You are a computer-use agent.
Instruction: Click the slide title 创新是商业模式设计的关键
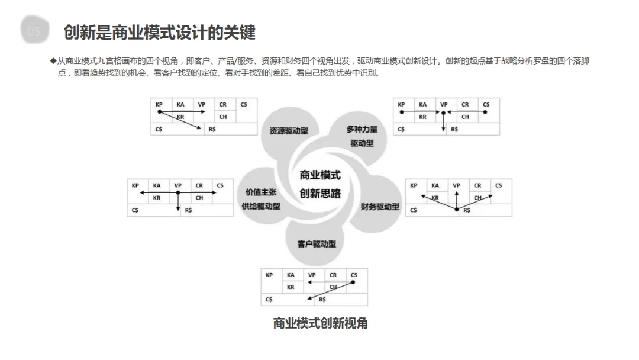(160, 32)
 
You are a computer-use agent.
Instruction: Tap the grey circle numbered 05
(34, 31)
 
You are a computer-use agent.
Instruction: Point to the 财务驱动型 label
(380, 207)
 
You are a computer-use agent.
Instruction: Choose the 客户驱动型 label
(317, 244)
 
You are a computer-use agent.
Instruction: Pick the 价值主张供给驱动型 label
(261, 199)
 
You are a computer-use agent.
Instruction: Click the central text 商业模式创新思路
(320, 184)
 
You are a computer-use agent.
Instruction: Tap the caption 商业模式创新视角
(320, 323)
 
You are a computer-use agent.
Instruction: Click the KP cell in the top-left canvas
(159, 105)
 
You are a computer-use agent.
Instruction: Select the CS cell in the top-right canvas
(486, 105)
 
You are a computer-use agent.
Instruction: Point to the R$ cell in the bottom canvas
(322, 300)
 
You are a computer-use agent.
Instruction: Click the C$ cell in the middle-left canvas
(135, 210)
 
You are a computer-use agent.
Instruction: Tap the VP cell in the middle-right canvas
(456, 185)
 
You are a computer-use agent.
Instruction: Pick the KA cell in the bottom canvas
(291, 275)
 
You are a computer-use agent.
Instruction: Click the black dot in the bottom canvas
(353, 282)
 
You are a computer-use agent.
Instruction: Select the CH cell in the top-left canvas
(223, 117)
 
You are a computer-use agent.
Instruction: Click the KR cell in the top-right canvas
(422, 117)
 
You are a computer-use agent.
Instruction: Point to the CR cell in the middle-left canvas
(199, 185)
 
